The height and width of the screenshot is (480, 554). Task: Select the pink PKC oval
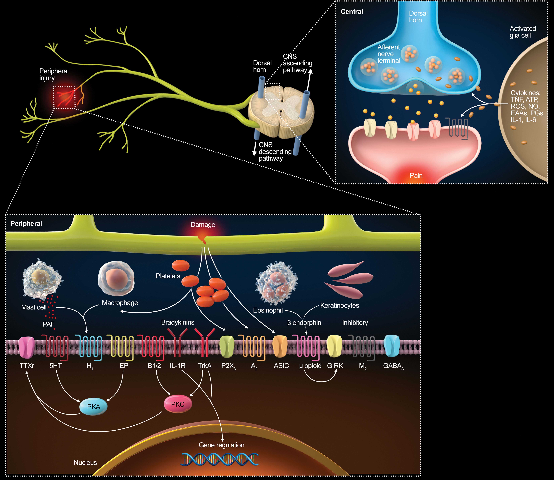(x=178, y=404)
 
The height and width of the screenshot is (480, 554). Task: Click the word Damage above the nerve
(x=203, y=225)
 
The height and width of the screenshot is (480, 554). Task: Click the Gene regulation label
(x=221, y=445)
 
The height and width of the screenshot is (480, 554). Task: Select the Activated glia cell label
(x=523, y=32)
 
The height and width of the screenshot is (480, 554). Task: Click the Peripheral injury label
(x=54, y=75)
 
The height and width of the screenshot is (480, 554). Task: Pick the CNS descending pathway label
(x=275, y=152)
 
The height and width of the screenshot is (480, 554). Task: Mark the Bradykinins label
(x=178, y=322)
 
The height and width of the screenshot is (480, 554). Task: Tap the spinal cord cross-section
(x=281, y=113)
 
